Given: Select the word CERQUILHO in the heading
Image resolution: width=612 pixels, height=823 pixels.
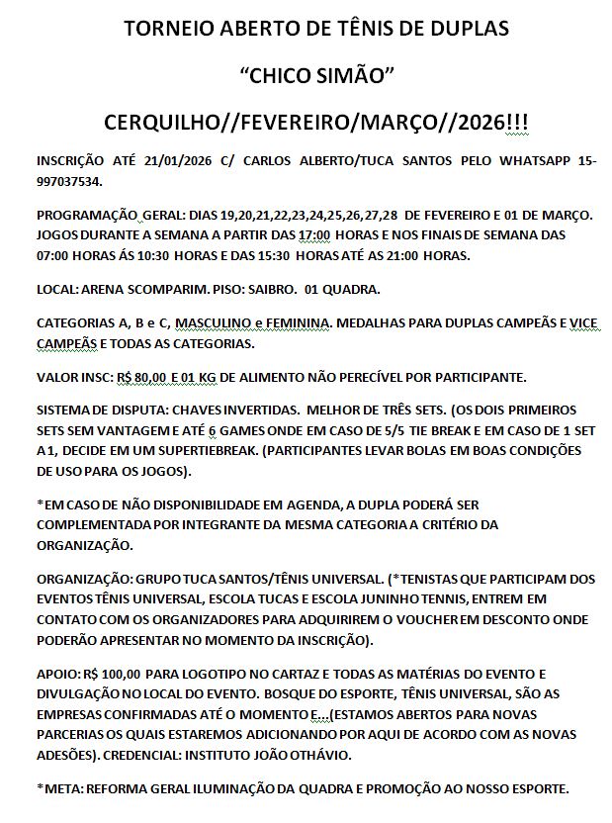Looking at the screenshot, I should click(x=162, y=123).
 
